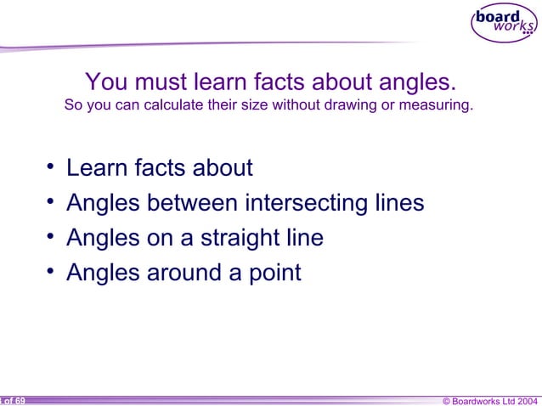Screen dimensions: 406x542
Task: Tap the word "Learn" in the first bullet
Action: pyautogui.click(x=97, y=168)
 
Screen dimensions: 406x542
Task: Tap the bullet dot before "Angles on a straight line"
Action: pyautogui.click(x=52, y=236)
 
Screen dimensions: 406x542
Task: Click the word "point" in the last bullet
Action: pyautogui.click(x=271, y=273)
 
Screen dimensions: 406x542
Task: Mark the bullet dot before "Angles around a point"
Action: pyautogui.click(x=52, y=271)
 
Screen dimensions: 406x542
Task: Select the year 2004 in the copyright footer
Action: pyautogui.click(x=524, y=400)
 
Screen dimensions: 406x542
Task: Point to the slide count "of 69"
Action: pyautogui.click(x=14, y=400)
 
